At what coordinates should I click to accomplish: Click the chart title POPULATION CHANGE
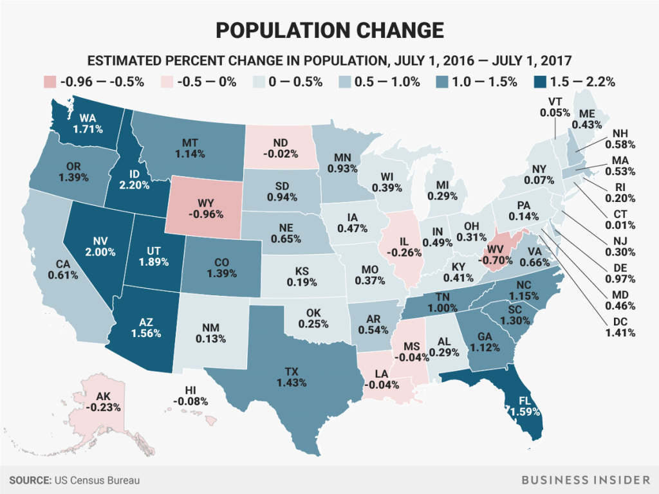click(329, 30)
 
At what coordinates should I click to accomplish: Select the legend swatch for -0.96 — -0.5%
click(50, 82)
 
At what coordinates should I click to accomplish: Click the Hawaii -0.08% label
click(190, 396)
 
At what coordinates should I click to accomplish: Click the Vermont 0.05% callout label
click(559, 107)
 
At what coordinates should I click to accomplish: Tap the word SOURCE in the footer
click(30, 480)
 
